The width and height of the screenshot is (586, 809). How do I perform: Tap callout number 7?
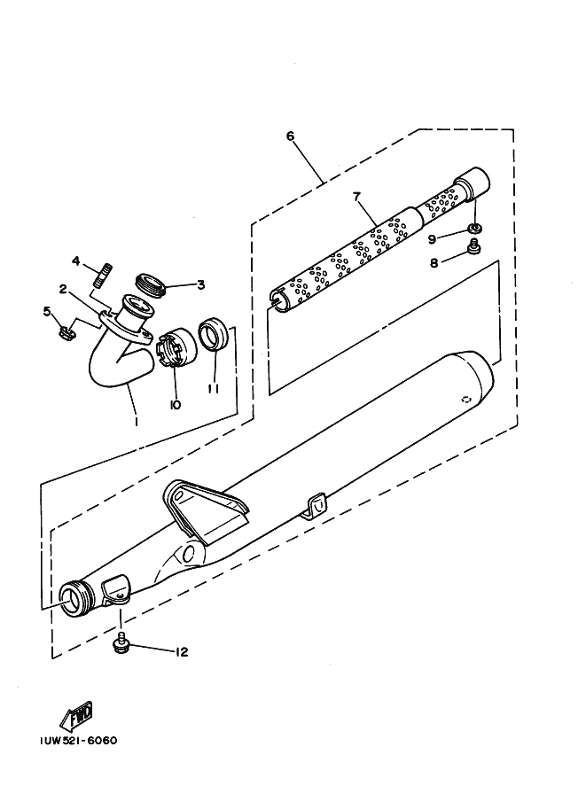pos(358,196)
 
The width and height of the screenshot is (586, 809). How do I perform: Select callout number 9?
pos(431,238)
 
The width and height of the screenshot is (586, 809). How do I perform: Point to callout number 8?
pos(433,262)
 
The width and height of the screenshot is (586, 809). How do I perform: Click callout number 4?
pos(76,261)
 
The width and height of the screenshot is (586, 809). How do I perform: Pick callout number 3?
pos(200,284)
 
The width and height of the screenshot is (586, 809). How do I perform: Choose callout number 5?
pos(47,310)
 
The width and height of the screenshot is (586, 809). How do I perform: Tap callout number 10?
pos(175,404)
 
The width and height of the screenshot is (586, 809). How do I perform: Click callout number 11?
pos(213,387)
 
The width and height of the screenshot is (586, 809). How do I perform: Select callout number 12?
pos(182,652)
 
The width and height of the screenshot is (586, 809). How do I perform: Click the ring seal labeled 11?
pos(212,337)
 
